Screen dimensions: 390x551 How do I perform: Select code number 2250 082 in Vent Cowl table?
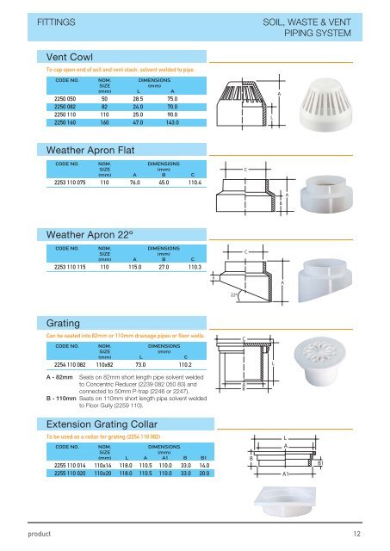pyautogui.click(x=65, y=106)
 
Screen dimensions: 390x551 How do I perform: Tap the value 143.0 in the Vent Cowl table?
pyautogui.click(x=172, y=122)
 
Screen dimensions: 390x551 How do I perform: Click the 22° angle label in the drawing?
pyautogui.click(x=234, y=295)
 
